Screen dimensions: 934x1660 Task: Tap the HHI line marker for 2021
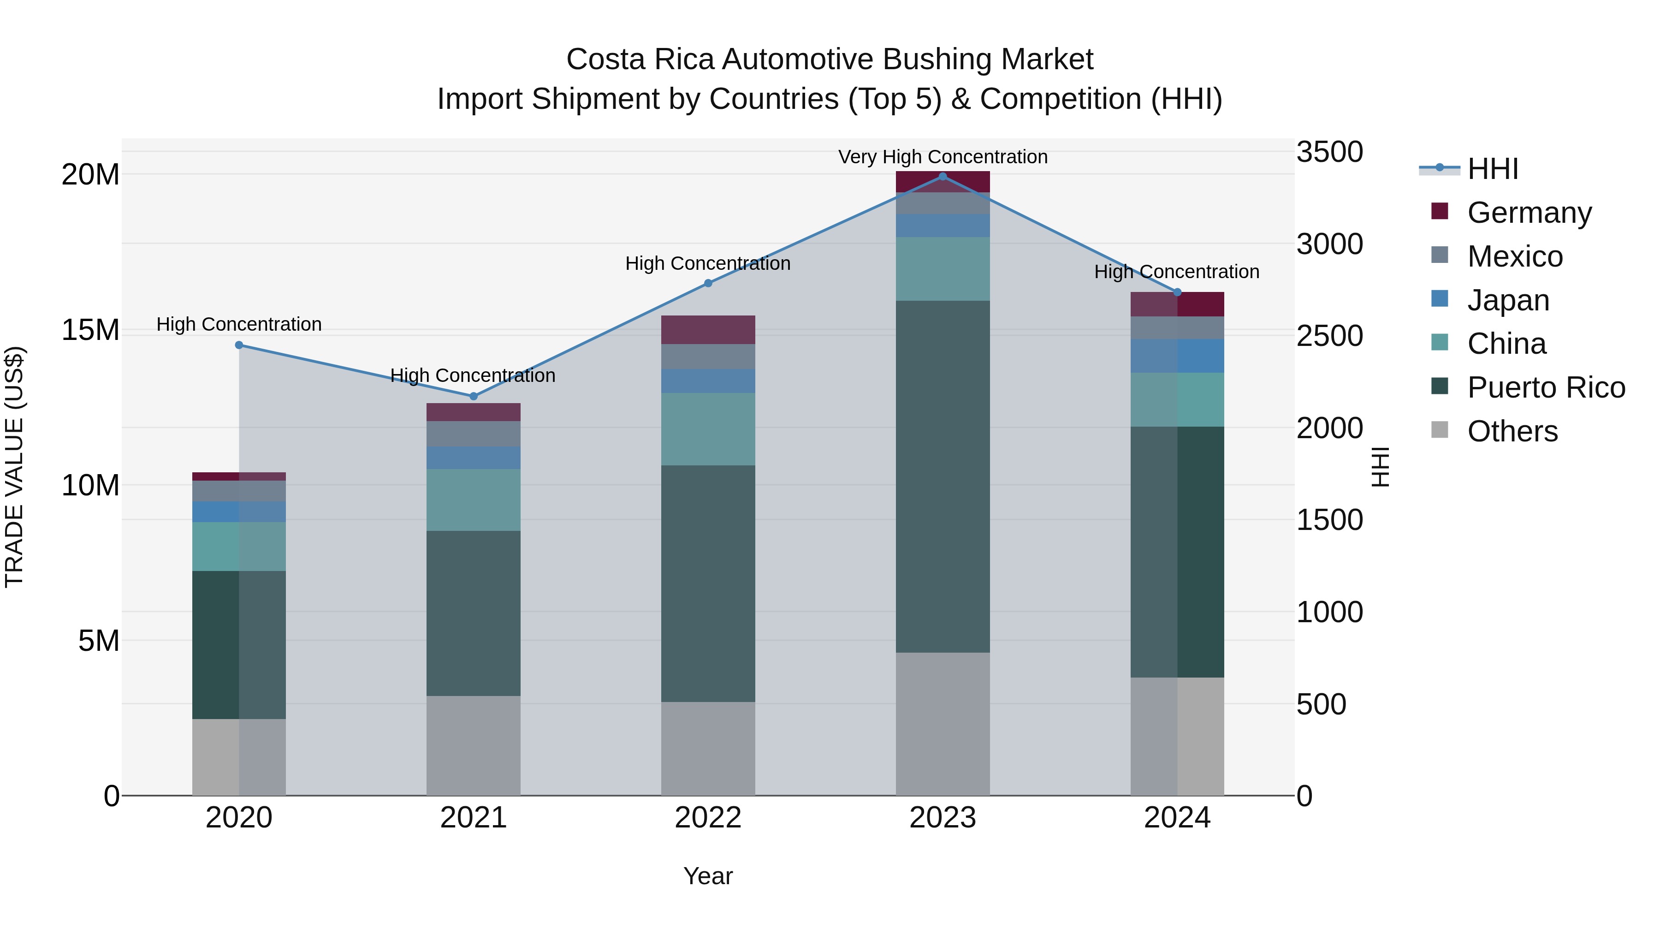(474, 396)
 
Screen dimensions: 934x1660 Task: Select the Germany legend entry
(1529, 213)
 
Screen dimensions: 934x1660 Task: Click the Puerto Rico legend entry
(1545, 387)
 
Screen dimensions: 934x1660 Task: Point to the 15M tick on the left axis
(90, 330)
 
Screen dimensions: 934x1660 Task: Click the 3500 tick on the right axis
(1329, 153)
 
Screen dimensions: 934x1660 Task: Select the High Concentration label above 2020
(239, 324)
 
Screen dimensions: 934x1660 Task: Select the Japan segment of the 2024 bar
(1177, 356)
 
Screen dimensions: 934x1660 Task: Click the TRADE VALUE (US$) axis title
(14, 467)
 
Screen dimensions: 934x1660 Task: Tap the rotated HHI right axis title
(1380, 467)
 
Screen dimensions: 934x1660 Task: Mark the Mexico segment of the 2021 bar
(474, 434)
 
